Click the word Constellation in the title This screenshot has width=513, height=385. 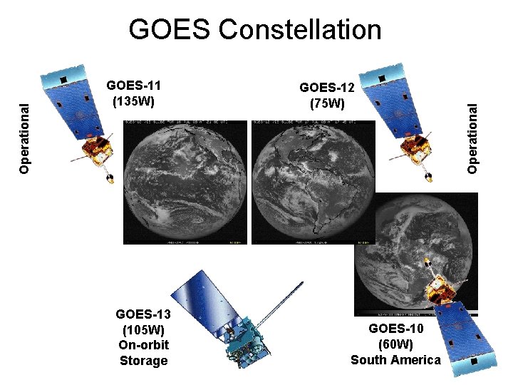[300, 30]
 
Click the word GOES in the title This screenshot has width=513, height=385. [170, 30]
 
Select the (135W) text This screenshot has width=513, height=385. [134, 101]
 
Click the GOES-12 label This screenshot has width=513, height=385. [327, 88]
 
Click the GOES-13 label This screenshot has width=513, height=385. [142, 314]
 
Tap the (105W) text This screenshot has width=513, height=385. [143, 329]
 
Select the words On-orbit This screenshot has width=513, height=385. [143, 345]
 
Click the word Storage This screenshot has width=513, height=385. [143, 361]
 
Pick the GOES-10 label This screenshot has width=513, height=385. [396, 329]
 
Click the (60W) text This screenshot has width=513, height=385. [396, 344]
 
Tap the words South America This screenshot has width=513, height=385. [396, 360]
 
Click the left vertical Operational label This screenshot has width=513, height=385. [25, 138]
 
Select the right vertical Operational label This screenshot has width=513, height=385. [472, 136]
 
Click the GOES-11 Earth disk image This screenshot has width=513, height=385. [185, 182]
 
